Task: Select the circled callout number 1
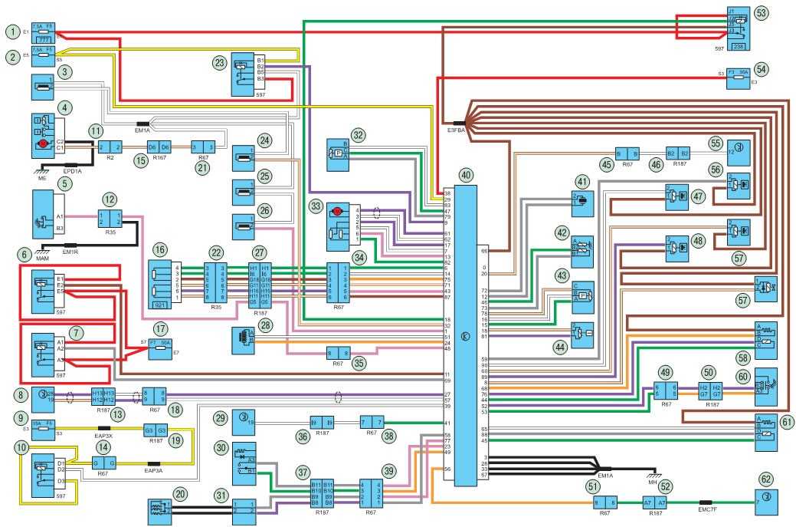click(12, 31)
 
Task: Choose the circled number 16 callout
click(159, 249)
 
